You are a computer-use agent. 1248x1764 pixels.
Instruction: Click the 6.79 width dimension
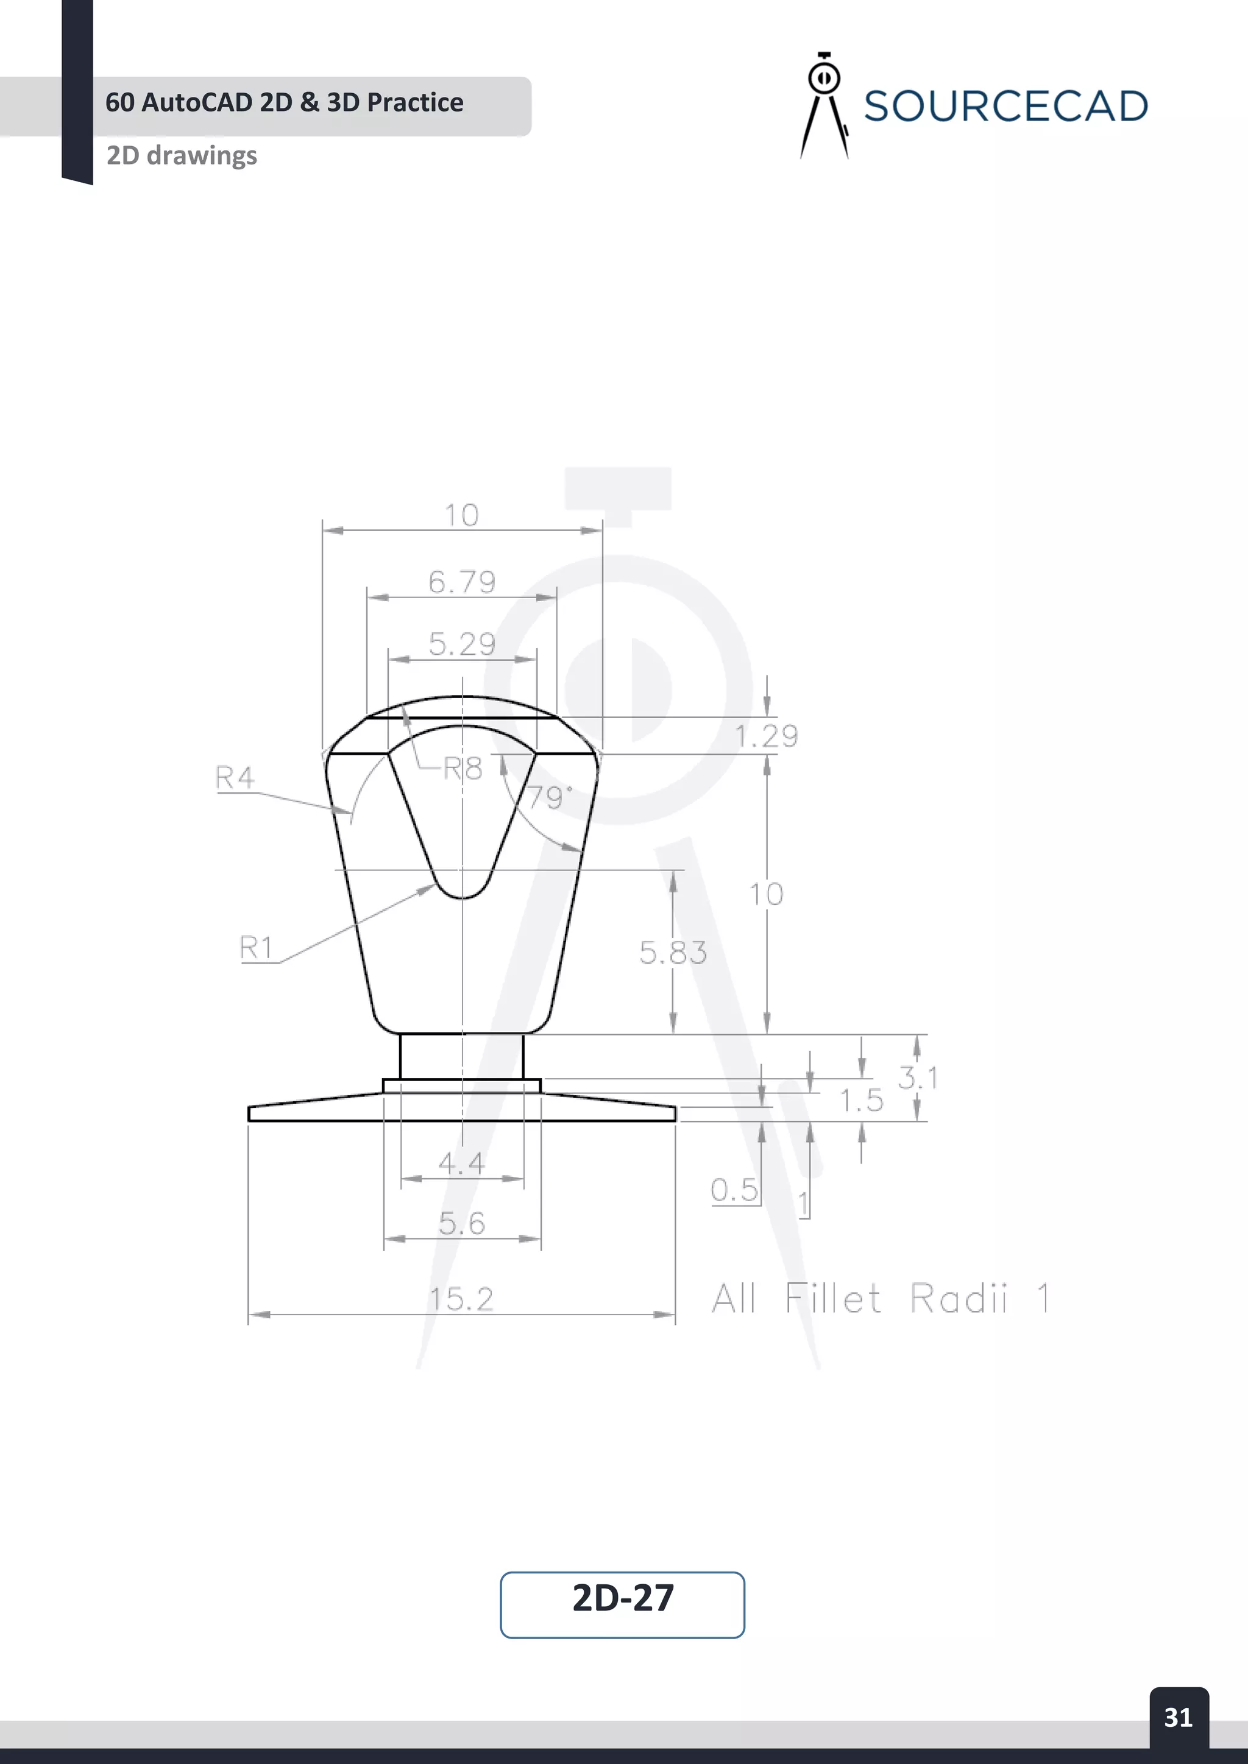(x=462, y=582)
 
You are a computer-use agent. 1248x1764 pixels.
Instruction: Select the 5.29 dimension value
(x=462, y=644)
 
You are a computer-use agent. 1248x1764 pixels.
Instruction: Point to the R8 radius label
(x=463, y=768)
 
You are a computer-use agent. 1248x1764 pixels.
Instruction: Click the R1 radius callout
(x=257, y=947)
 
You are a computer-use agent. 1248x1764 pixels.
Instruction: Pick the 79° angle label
(x=548, y=797)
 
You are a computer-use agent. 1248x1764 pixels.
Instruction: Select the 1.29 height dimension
(x=766, y=736)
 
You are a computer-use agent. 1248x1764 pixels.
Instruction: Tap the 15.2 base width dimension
(x=461, y=1299)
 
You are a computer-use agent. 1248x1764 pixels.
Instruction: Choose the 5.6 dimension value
(x=462, y=1223)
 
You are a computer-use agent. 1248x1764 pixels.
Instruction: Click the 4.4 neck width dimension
(x=461, y=1163)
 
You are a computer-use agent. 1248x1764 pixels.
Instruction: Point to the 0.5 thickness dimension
(x=734, y=1190)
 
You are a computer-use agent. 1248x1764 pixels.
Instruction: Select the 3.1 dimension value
(x=918, y=1078)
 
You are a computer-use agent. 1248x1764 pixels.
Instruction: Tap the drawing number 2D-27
(x=622, y=1598)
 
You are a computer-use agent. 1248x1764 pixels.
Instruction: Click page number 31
(x=1178, y=1717)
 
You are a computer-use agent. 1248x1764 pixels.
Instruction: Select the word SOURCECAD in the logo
(x=1005, y=106)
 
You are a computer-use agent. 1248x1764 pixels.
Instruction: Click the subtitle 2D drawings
(x=182, y=155)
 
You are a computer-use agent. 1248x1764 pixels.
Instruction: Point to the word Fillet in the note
(x=832, y=1299)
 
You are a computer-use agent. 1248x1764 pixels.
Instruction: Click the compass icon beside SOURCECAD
(x=824, y=105)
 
